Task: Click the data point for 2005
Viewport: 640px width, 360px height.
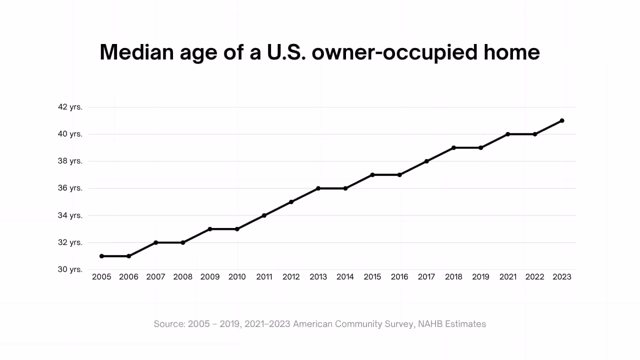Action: pyautogui.click(x=101, y=256)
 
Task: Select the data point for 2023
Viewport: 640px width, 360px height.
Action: pyautogui.click(x=562, y=120)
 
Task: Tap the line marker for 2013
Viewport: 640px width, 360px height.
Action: pyautogui.click(x=318, y=188)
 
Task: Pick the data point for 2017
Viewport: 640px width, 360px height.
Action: pyautogui.click(x=426, y=161)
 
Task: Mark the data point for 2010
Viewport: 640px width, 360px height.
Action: pyautogui.click(x=237, y=229)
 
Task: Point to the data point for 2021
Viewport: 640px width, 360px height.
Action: pyautogui.click(x=508, y=134)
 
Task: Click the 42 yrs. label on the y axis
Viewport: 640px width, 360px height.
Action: pyautogui.click(x=70, y=107)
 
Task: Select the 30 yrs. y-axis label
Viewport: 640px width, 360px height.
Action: pyautogui.click(x=70, y=269)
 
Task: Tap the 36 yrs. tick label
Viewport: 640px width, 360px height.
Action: pyautogui.click(x=70, y=188)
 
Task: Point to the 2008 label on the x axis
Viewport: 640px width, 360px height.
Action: pyautogui.click(x=182, y=277)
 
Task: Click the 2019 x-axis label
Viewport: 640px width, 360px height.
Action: pyautogui.click(x=480, y=277)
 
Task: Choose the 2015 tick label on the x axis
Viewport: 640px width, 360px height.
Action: pyautogui.click(x=372, y=277)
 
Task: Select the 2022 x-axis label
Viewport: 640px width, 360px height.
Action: pyautogui.click(x=535, y=277)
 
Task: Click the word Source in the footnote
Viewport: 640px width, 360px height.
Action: pyautogui.click(x=168, y=324)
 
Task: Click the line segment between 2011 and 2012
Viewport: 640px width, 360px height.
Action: pyautogui.click(x=277, y=208)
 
